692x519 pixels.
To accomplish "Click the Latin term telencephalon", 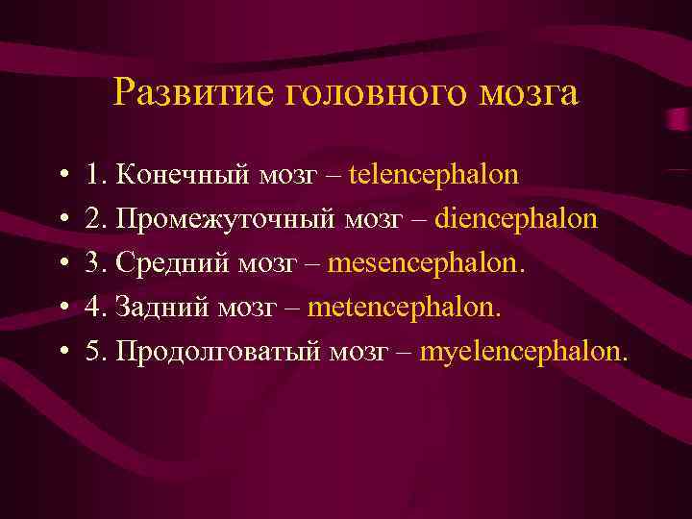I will [x=433, y=175].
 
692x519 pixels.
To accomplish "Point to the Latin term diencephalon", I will [x=515, y=219].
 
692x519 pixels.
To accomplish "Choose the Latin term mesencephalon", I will [x=428, y=263].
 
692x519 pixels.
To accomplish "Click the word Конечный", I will [x=184, y=175].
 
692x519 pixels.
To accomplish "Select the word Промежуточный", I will [x=227, y=219].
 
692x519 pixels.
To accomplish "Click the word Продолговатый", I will [x=218, y=352].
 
